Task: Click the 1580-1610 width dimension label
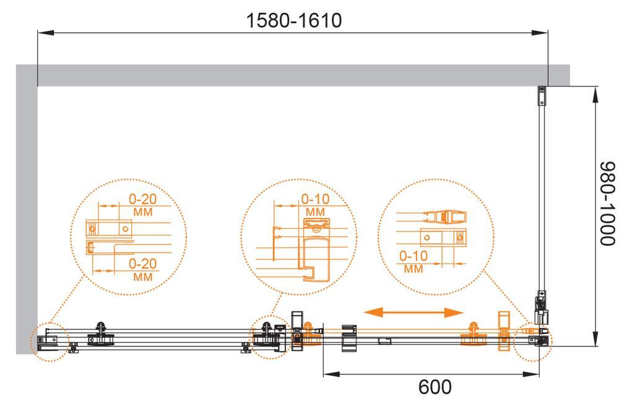(x=294, y=20)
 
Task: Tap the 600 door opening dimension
(x=435, y=387)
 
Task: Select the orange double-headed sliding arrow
(x=413, y=312)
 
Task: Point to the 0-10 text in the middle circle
(x=315, y=199)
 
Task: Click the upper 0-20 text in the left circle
(x=143, y=199)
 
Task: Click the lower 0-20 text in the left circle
(x=143, y=264)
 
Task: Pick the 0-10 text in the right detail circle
(x=413, y=256)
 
